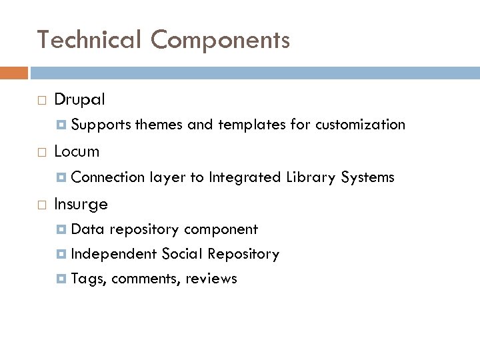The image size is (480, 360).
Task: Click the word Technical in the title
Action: tap(89, 41)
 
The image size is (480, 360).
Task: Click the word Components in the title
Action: tap(220, 41)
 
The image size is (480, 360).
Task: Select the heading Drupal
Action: tap(79, 100)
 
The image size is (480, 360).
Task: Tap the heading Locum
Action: tap(77, 151)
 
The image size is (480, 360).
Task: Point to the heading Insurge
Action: tap(81, 203)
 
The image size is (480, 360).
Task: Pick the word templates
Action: tap(250, 125)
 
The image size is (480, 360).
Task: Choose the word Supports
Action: tap(101, 125)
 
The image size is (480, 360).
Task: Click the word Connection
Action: tap(107, 177)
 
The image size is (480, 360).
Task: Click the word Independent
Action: tap(113, 254)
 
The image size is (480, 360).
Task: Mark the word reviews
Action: tap(211, 279)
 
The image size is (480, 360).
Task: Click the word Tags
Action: tap(88, 279)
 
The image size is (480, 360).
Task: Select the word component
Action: tap(221, 229)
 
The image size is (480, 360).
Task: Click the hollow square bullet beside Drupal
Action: tap(42, 101)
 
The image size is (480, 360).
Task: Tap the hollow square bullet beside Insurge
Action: tap(42, 204)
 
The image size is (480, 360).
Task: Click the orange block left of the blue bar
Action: tap(14, 73)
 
